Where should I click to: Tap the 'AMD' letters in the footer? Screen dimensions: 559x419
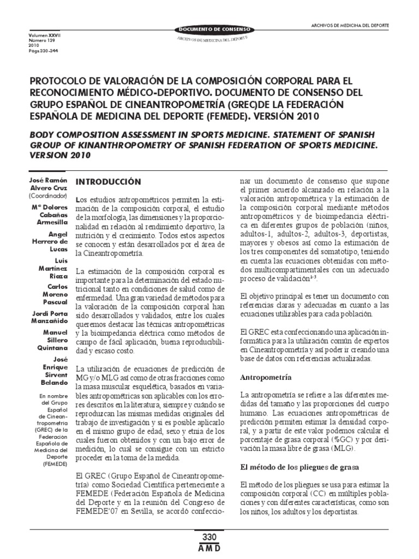pos(209,548)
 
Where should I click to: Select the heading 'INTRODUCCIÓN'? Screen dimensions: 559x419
pos(108,181)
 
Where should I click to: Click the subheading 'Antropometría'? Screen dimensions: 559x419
pos(266,377)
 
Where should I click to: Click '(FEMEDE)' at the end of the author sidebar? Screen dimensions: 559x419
pos(55,463)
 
